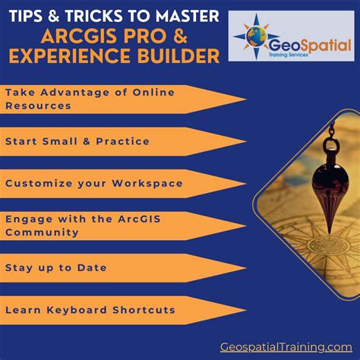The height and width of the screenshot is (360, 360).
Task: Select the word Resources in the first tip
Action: pyautogui.click(x=38, y=106)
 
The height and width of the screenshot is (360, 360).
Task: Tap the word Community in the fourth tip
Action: pyautogui.click(x=42, y=232)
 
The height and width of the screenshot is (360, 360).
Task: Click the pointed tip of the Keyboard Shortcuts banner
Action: pyautogui.click(x=245, y=310)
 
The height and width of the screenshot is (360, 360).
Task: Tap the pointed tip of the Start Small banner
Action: pyautogui.click(x=245, y=141)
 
